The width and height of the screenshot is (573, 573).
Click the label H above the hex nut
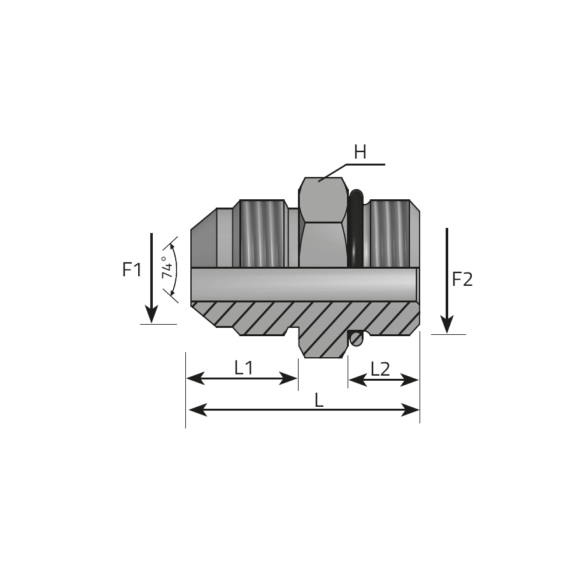coord(360,152)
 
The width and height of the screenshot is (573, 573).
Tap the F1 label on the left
coord(132,270)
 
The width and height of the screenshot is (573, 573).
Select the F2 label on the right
coord(462,279)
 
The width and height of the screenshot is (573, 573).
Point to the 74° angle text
coord(167,267)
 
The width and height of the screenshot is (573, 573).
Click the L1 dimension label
coord(243,367)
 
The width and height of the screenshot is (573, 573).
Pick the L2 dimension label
coord(381,369)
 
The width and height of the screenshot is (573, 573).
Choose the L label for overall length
coord(319,401)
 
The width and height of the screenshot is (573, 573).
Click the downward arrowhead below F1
coord(152,315)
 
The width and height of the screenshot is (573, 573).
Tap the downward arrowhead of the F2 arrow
coord(446,325)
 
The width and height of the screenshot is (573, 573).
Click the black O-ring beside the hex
coord(356,229)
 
